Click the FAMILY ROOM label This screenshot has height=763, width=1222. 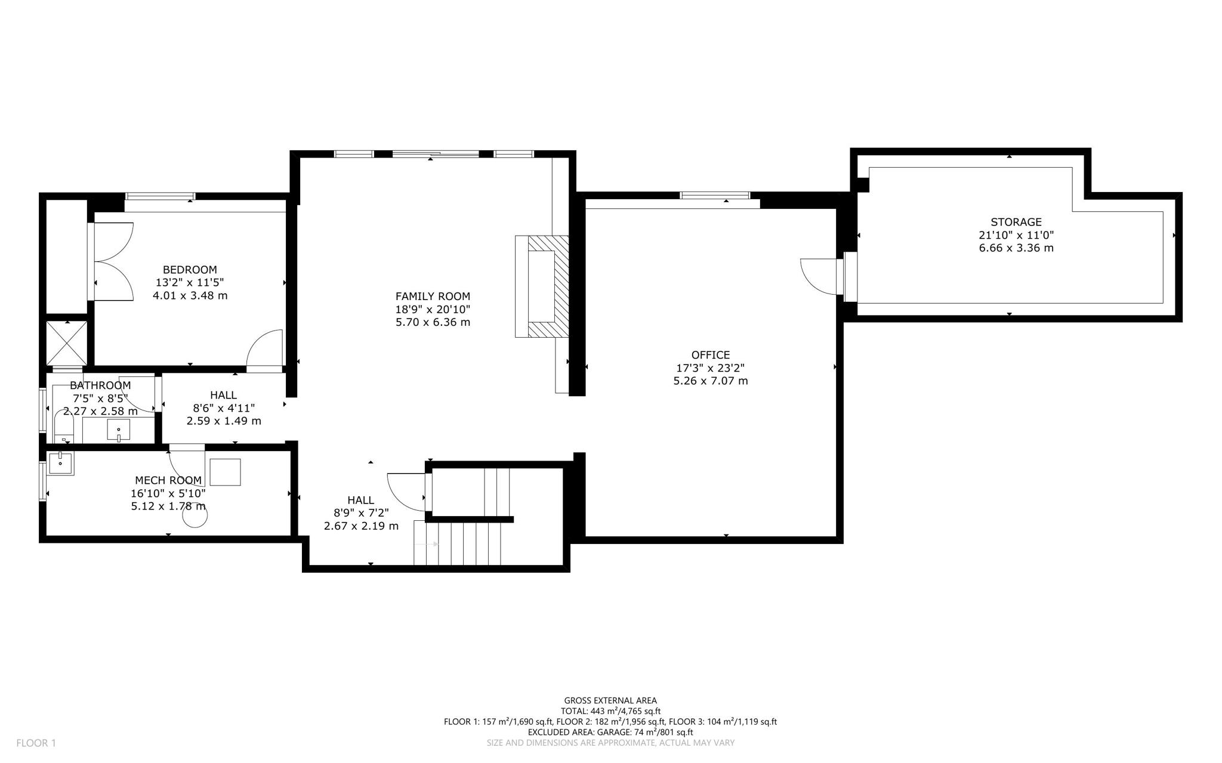(x=433, y=296)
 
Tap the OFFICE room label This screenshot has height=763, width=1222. (x=710, y=355)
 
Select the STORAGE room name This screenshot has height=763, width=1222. (x=1016, y=222)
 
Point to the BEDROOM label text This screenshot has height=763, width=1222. (x=190, y=270)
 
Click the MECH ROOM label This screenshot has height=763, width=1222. (x=168, y=480)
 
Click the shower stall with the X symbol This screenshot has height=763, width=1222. (x=67, y=343)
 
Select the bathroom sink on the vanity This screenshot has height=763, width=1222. (x=119, y=430)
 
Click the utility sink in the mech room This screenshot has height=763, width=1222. (x=60, y=463)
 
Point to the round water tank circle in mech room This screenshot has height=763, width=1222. (x=195, y=516)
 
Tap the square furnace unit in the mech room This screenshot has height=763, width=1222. (x=225, y=472)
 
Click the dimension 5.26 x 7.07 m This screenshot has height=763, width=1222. (x=710, y=381)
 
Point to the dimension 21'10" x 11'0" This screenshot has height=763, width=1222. (x=1016, y=235)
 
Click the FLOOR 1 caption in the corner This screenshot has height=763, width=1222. (x=36, y=743)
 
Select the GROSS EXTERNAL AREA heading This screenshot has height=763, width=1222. (x=610, y=700)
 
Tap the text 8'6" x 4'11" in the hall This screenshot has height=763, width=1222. (x=224, y=408)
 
